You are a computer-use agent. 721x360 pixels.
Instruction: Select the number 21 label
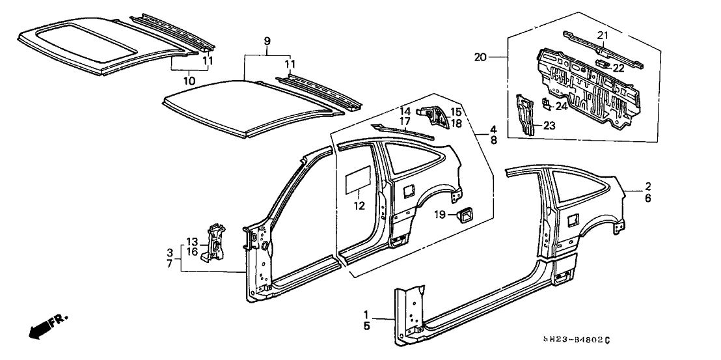coord(602,35)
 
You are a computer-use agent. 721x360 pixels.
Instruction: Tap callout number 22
coord(618,68)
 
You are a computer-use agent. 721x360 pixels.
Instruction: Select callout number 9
coord(267,41)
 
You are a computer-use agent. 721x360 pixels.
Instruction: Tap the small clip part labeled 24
coord(546,103)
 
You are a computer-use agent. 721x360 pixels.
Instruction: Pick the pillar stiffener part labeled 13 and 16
coord(213,241)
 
